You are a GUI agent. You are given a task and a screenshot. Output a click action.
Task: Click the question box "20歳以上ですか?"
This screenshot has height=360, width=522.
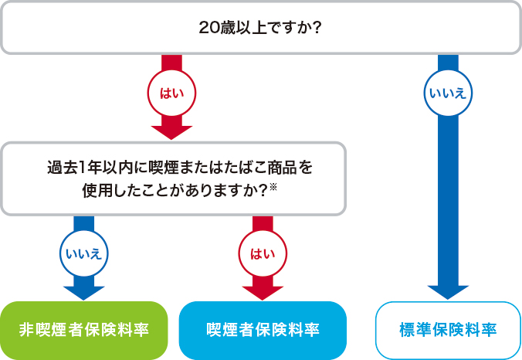pos(260,28)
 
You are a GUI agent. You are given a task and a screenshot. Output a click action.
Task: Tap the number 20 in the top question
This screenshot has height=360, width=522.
pos(208,28)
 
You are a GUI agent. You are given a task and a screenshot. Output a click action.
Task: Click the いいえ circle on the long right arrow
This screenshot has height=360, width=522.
pos(448,93)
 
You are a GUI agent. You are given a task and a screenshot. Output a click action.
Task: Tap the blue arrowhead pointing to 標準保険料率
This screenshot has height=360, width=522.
pos(448,291)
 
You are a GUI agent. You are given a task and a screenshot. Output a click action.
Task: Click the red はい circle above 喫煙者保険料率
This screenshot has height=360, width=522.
pos(263,253)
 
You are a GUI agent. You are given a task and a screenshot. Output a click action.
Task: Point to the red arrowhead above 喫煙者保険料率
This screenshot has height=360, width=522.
pos(263,290)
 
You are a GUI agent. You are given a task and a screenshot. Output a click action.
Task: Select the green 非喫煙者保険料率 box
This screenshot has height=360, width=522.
pos(83,330)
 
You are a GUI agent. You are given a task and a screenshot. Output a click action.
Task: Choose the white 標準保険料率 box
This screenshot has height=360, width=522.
pos(448,330)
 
